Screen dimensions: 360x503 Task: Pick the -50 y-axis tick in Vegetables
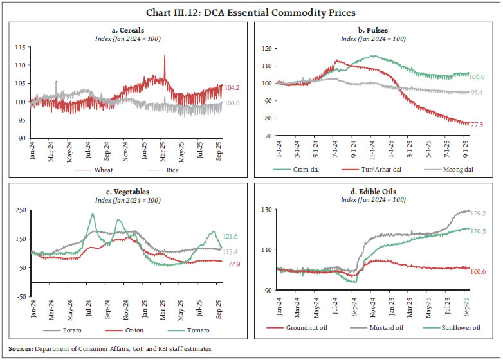pyautogui.click(x=21, y=296)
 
